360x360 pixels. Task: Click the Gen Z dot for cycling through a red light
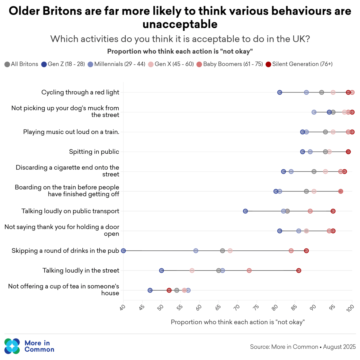click(x=280, y=93)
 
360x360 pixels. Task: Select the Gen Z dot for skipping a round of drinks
click(x=123, y=251)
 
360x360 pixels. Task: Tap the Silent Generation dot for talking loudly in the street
click(x=299, y=271)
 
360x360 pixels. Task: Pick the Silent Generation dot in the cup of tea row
click(x=169, y=290)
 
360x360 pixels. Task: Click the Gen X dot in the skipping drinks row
click(x=230, y=251)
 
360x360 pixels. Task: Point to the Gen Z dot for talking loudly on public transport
click(x=245, y=211)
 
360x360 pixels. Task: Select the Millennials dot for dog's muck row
click(x=314, y=112)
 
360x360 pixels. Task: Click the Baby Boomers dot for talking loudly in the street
click(x=249, y=271)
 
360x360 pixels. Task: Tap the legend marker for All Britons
click(x=7, y=64)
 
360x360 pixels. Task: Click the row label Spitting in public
click(x=94, y=152)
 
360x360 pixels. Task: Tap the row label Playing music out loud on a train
click(x=71, y=132)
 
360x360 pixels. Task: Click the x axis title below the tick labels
click(x=238, y=322)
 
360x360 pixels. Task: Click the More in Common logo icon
click(x=12, y=346)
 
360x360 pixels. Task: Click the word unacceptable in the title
click(x=180, y=24)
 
